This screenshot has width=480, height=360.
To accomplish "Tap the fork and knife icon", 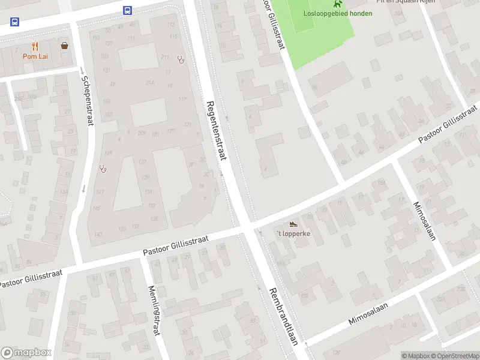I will (35, 46).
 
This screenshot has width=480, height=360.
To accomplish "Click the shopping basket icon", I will (64, 45).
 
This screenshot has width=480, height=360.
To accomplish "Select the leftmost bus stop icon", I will (14, 22).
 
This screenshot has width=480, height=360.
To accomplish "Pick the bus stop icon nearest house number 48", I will (128, 10).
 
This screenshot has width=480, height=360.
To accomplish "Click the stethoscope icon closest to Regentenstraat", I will (181, 59).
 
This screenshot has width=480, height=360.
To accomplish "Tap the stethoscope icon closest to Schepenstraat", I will (103, 169).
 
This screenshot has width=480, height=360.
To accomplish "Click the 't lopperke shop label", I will (293, 233).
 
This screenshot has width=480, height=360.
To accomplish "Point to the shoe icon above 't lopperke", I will (293, 224).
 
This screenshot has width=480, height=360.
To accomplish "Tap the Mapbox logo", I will (26, 353).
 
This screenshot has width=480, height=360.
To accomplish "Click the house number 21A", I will (150, 83).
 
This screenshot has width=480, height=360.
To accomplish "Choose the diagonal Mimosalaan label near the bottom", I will (368, 313).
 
